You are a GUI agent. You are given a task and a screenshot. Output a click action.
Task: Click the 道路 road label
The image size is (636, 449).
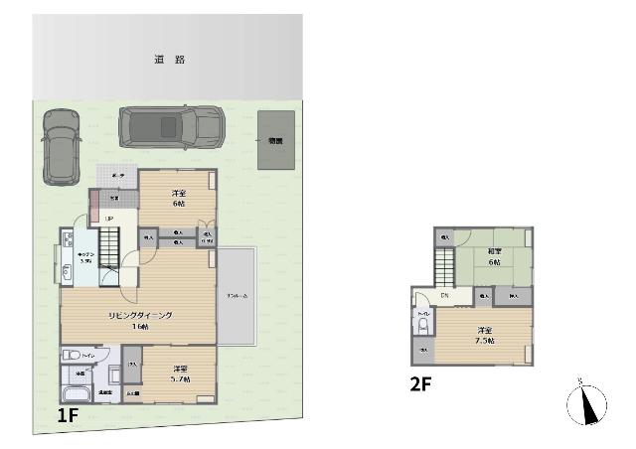(169, 60)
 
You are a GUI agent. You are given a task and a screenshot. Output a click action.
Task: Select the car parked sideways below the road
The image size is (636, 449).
(171, 126)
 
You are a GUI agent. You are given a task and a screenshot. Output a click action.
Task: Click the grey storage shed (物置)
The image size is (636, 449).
(275, 139)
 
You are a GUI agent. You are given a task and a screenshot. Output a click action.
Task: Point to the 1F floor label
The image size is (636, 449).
(67, 416)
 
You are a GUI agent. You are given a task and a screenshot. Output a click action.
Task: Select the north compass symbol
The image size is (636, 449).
(587, 404)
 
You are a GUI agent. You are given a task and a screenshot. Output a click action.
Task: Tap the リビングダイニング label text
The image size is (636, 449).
(141, 315)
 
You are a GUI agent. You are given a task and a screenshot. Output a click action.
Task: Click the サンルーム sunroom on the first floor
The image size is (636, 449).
(238, 296)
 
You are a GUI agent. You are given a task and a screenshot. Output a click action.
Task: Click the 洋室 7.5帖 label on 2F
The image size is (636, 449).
(485, 335)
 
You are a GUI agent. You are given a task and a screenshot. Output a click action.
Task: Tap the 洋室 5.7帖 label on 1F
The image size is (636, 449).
(179, 372)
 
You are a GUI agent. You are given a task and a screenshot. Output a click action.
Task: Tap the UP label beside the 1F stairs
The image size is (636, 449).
(108, 219)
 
